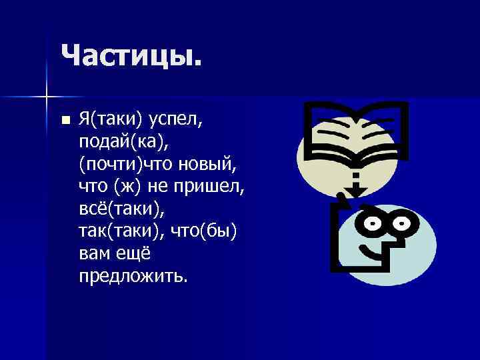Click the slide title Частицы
click(x=130, y=55)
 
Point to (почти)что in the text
click(x=121, y=164)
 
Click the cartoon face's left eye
click(x=369, y=221)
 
